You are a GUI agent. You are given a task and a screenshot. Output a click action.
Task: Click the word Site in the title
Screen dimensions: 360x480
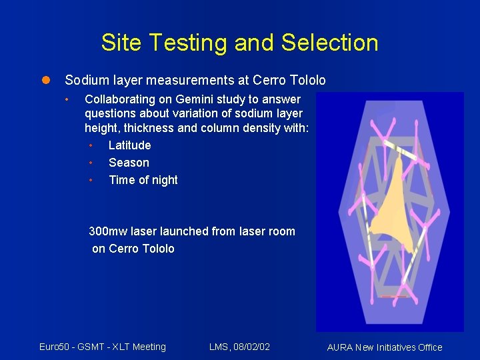click(122, 43)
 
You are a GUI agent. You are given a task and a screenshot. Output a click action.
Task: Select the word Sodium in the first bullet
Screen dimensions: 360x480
click(85, 81)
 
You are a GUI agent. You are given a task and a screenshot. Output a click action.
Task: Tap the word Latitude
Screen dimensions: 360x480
click(129, 145)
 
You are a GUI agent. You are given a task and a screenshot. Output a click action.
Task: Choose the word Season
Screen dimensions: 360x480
click(129, 163)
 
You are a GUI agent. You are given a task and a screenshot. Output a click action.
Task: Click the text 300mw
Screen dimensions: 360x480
click(108, 231)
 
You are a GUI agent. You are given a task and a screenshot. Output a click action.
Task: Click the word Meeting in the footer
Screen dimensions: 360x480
click(149, 347)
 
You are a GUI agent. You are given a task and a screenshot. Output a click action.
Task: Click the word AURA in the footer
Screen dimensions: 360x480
click(341, 347)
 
